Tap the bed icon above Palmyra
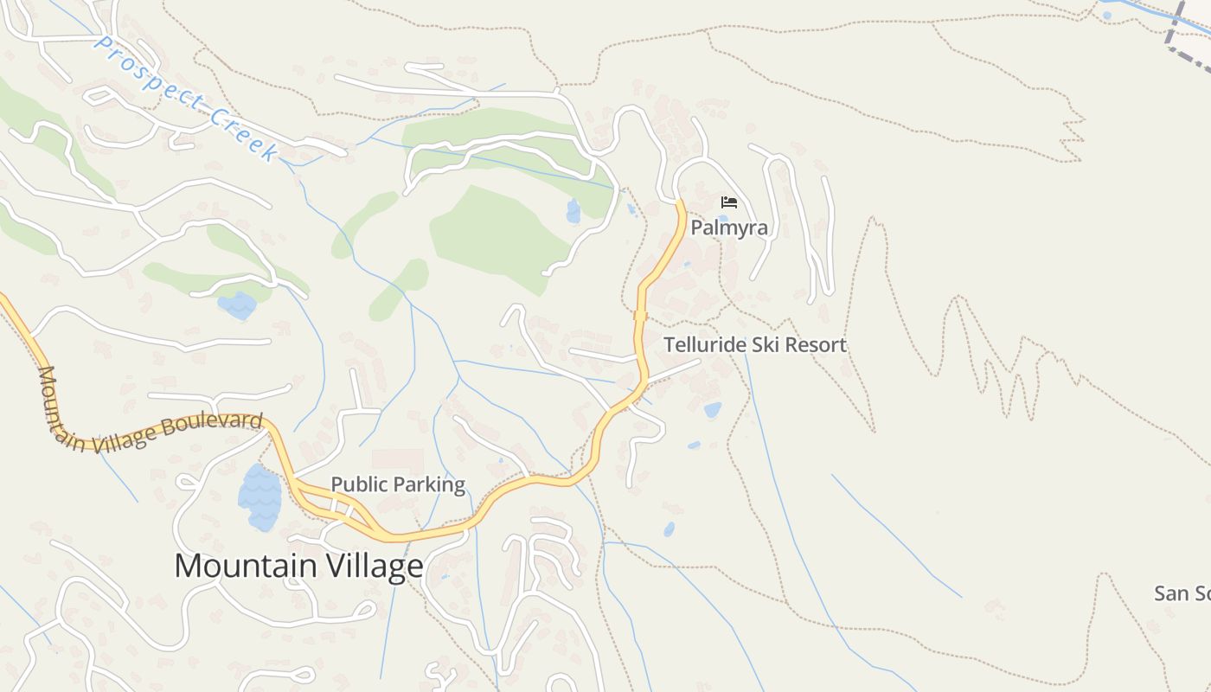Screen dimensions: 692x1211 (x=729, y=202)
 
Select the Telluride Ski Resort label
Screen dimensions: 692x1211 (x=754, y=345)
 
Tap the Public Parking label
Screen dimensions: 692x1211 (x=398, y=484)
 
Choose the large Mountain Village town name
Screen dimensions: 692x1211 (x=298, y=567)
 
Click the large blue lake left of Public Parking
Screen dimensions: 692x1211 (x=260, y=497)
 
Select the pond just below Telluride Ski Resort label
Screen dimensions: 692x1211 (x=712, y=410)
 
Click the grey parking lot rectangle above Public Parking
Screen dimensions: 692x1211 (x=398, y=460)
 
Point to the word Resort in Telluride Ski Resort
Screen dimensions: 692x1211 (x=812, y=345)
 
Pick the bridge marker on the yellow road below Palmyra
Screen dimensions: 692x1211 (x=641, y=316)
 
